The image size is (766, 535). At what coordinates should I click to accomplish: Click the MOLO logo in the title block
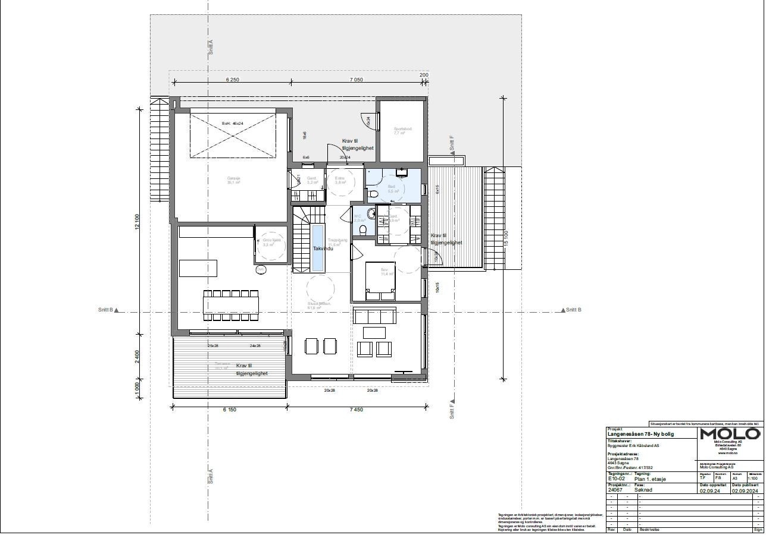click(729, 433)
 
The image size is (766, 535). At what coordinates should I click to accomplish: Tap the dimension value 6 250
click(233, 80)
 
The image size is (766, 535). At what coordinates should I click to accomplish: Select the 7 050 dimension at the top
click(356, 80)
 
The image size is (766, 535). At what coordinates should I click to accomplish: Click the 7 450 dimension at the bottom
click(356, 410)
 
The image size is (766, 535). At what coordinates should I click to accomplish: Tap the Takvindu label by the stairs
click(323, 248)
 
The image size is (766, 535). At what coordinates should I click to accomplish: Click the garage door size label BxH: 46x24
click(233, 124)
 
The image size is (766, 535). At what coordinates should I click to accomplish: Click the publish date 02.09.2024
click(745, 491)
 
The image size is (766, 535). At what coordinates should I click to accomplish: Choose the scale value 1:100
click(752, 478)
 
